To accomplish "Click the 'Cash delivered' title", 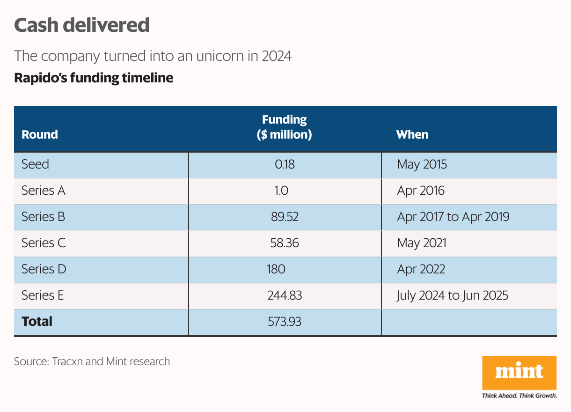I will [82, 25].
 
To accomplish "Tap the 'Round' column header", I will [40, 134].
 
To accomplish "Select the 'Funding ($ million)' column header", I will [284, 127].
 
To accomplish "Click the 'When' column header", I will [412, 134].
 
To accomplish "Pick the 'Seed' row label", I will [35, 164].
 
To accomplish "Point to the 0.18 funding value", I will [285, 164].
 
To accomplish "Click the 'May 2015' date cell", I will [422, 164].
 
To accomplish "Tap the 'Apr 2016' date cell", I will [420, 191].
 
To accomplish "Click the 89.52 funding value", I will [285, 217].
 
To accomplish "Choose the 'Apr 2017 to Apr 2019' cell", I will [453, 217].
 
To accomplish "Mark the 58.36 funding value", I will [285, 243].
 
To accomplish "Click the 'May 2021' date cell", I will [421, 243].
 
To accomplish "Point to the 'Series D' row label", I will [44, 269].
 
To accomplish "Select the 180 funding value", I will [276, 269].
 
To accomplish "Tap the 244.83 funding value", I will [285, 295].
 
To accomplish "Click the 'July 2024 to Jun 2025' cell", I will [452, 295].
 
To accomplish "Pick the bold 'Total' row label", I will [37, 322].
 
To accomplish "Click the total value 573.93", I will [285, 322].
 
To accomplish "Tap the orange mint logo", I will [519, 373].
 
